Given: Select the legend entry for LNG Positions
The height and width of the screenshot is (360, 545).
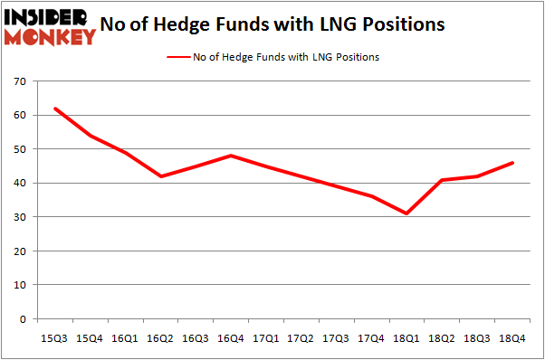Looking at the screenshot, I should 272,57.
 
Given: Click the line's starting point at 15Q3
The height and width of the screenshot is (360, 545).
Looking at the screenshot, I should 55,109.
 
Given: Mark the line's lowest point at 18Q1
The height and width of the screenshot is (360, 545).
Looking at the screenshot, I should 406,213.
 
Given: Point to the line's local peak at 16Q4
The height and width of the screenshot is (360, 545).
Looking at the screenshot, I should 231,156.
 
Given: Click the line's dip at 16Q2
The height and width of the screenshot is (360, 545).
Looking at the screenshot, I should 161,176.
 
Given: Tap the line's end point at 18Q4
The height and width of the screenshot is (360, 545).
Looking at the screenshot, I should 512,163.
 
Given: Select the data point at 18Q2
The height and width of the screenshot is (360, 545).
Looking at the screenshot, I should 442,180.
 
